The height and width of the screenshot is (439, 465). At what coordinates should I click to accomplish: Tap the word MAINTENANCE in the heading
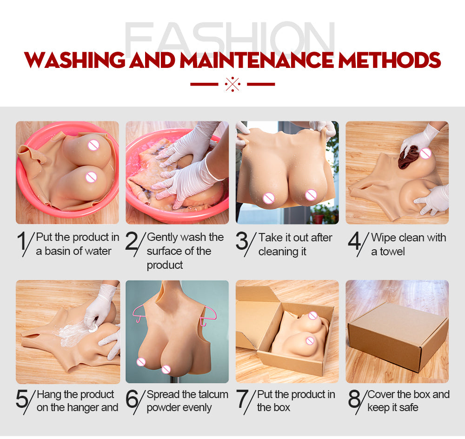pyautogui.click(x=257, y=60)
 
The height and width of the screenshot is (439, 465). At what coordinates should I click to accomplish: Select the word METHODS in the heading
pyautogui.click(x=389, y=60)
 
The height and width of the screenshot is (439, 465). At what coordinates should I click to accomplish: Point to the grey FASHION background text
pyautogui.click(x=230, y=37)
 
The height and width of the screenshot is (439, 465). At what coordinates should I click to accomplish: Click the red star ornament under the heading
pyautogui.click(x=232, y=84)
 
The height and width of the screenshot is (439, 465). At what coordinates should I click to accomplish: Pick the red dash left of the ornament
pyautogui.click(x=204, y=84)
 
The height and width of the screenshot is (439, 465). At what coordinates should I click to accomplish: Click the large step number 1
pyautogui.click(x=22, y=241)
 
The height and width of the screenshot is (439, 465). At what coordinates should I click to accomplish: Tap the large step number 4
pyautogui.click(x=354, y=241)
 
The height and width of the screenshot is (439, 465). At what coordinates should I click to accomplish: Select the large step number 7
pyautogui.click(x=242, y=399)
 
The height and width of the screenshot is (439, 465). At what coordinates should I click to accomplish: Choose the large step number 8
pyautogui.click(x=354, y=399)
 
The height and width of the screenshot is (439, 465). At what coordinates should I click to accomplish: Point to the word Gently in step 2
pyautogui.click(x=162, y=238)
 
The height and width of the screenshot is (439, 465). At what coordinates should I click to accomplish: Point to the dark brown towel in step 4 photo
pyautogui.click(x=408, y=157)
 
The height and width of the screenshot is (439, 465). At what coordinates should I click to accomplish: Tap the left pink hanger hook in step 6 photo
pyautogui.click(x=139, y=314)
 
